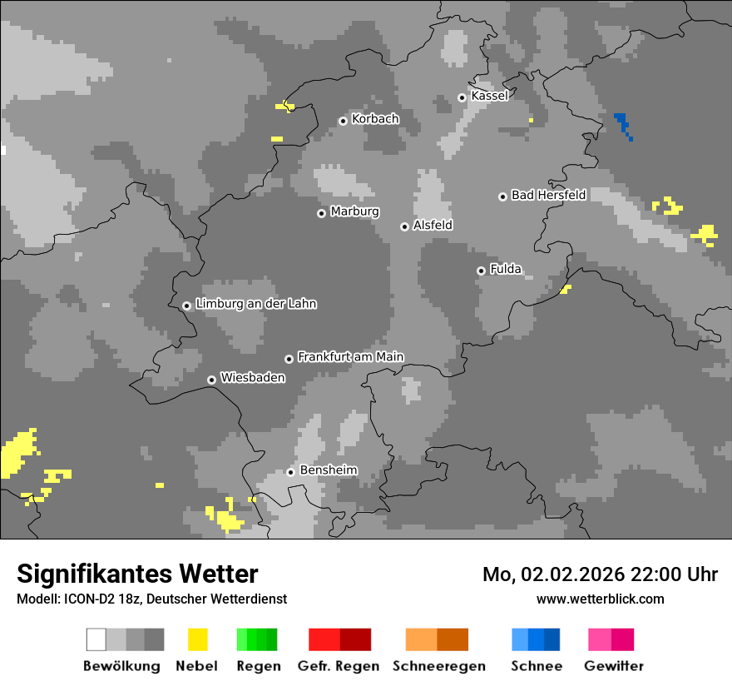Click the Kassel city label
[x=489, y=96]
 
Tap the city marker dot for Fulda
[x=481, y=271]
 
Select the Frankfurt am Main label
[x=350, y=356]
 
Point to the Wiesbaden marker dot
[x=212, y=380]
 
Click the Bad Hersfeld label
[x=548, y=195]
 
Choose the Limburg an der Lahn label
[x=255, y=304]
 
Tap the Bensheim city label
[x=329, y=470]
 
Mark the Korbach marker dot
[x=343, y=121]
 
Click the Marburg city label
[x=354, y=211]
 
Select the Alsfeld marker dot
[x=404, y=226]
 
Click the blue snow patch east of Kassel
[x=622, y=123]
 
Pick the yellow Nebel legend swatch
[x=197, y=639]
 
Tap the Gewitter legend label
[x=613, y=666]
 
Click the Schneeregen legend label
[x=438, y=666]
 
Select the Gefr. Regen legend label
[x=339, y=666]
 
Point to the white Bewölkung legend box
[x=96, y=639]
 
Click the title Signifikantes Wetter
[x=137, y=574]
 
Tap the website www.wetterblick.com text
[x=600, y=599]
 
